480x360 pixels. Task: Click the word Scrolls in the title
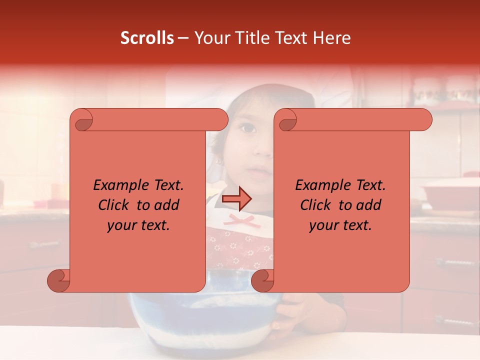pos(147,38)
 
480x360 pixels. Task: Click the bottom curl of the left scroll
pos(58,280)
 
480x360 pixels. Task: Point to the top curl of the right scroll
pos(287,120)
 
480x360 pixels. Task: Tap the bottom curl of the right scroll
pos(262,280)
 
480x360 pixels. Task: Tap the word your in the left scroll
pos(121,225)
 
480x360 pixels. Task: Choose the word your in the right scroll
pos(323,225)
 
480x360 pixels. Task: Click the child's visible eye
pos(248,128)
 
